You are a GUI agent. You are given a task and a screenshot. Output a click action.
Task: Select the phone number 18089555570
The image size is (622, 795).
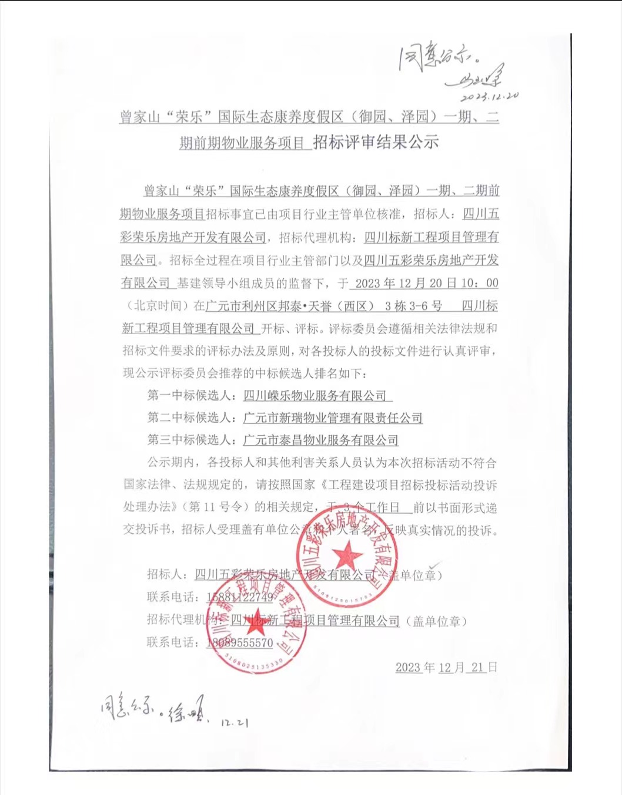point(240,643)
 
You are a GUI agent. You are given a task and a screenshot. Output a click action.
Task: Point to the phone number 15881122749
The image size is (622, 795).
point(240,597)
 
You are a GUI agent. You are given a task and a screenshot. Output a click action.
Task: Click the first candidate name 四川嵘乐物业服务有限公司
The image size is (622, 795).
point(316,396)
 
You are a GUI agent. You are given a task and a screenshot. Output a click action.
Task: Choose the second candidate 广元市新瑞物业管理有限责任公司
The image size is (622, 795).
point(333,418)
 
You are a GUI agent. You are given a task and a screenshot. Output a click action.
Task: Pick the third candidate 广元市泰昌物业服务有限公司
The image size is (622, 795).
point(321,440)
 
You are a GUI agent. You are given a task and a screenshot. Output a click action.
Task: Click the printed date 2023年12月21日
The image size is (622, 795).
point(446,667)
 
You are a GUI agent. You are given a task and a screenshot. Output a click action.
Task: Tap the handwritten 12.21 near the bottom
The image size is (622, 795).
point(235,723)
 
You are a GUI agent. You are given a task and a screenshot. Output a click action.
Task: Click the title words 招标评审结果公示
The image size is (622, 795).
point(376,142)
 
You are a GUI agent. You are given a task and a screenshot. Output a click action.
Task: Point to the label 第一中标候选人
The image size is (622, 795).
point(192,395)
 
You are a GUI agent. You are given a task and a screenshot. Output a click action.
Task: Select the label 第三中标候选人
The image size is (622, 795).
point(192,440)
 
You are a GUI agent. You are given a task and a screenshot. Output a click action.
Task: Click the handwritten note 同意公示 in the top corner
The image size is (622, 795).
point(436,59)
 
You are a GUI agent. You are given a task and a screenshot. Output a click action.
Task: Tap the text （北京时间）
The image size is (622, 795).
point(156,306)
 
